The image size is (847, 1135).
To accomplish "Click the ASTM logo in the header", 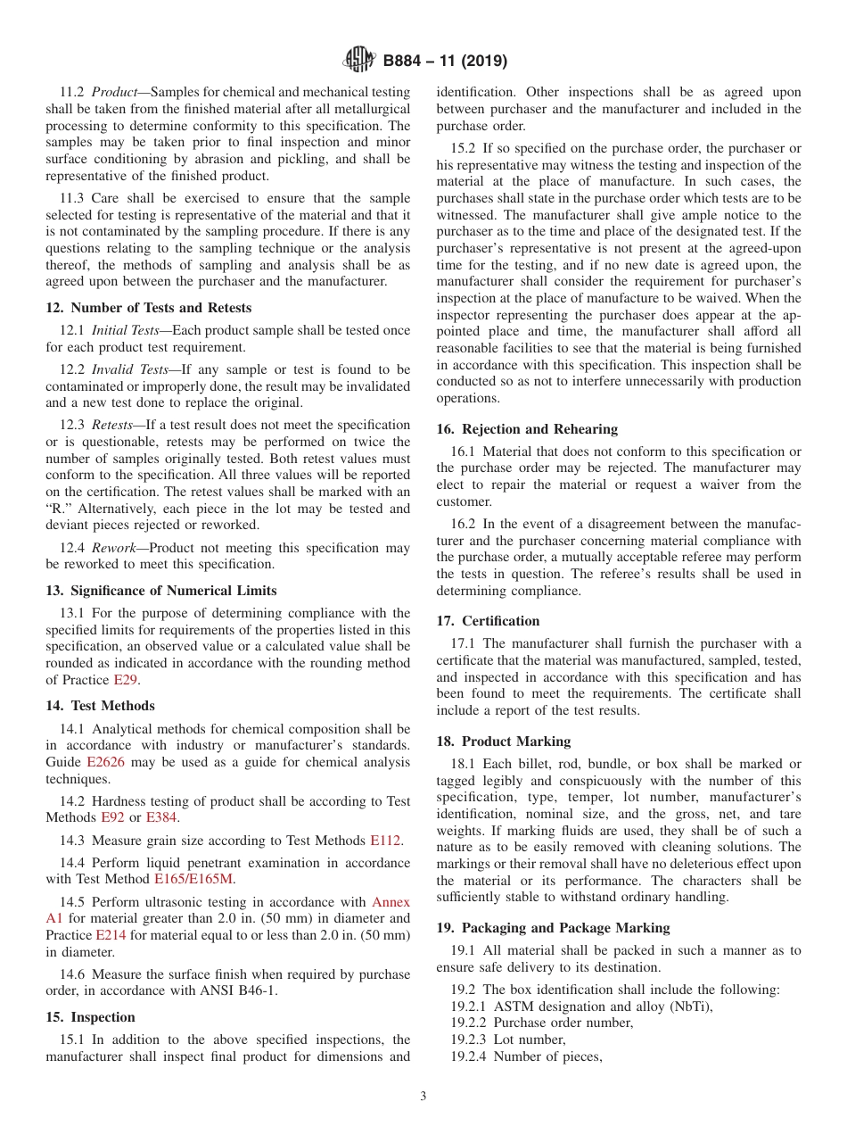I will [x=359, y=61].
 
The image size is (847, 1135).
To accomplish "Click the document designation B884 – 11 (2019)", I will [x=445, y=62].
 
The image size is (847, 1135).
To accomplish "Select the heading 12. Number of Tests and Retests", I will [x=149, y=308].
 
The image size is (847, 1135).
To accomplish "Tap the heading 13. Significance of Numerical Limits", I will [x=161, y=591].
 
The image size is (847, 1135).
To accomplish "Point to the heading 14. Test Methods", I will [x=100, y=706].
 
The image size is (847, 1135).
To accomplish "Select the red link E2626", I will [x=105, y=762].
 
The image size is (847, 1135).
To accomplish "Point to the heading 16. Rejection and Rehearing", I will [x=527, y=429].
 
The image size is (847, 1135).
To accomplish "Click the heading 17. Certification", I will [x=488, y=621].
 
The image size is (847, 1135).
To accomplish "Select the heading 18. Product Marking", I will [x=504, y=741].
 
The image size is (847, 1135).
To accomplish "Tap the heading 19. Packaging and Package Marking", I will [x=553, y=928].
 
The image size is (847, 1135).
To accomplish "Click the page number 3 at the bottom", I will [x=423, y=1097].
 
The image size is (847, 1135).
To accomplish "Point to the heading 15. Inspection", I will [x=91, y=1017].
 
